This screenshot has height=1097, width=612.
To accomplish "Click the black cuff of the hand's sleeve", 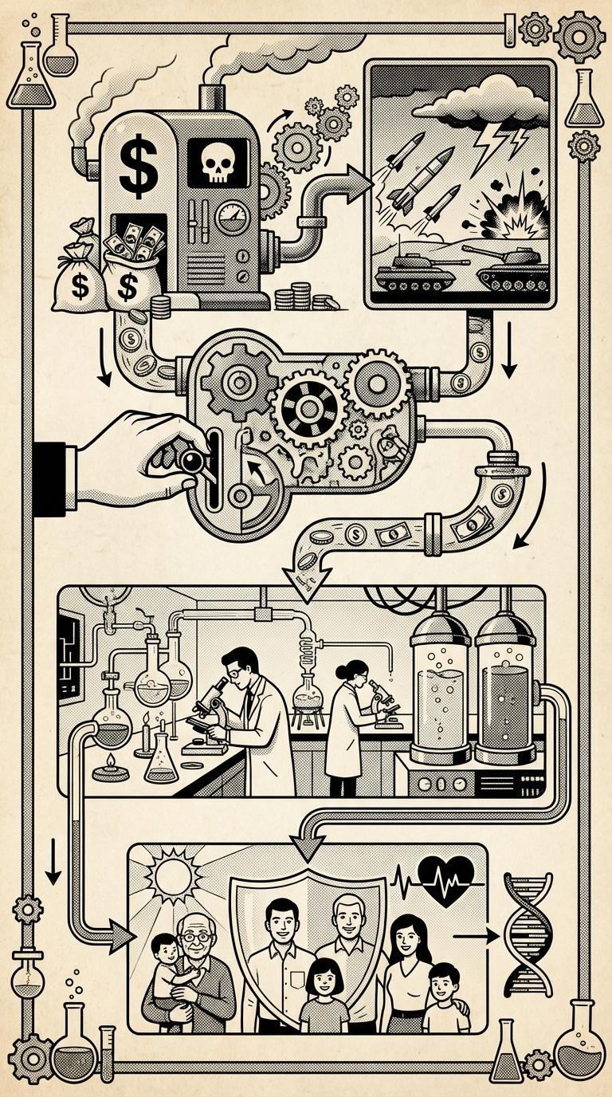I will click(53, 474).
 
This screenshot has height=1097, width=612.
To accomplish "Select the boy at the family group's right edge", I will click(445, 997).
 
